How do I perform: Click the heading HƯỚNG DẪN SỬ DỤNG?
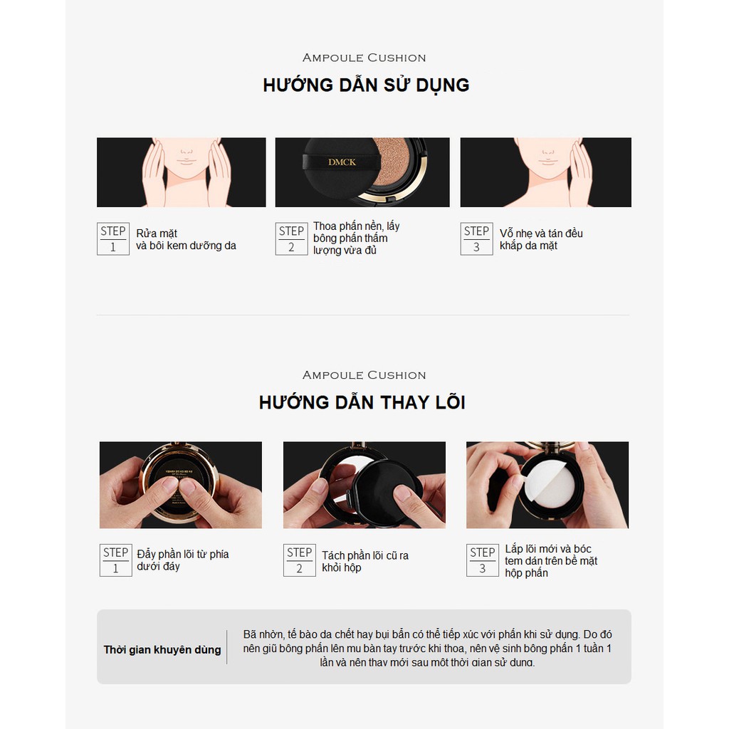click(x=366, y=85)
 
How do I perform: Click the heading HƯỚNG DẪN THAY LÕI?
click(x=362, y=402)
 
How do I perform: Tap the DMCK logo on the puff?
click(x=342, y=162)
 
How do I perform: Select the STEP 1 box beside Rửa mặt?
click(x=113, y=238)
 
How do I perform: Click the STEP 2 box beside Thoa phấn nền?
click(x=291, y=238)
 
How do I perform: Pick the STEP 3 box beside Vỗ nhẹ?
click(x=476, y=238)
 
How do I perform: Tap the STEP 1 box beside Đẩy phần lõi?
click(x=115, y=560)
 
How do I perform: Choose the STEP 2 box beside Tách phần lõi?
click(x=299, y=560)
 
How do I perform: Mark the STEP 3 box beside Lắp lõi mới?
click(x=482, y=560)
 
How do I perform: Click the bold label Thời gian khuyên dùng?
click(x=162, y=649)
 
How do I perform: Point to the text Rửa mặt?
click(x=157, y=234)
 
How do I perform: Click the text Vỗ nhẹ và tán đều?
click(x=541, y=234)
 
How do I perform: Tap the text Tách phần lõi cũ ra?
click(x=365, y=555)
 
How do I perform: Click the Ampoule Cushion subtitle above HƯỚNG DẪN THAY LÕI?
click(x=364, y=375)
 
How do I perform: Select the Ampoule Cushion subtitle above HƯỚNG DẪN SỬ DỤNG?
click(x=364, y=58)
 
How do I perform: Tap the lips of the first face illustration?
click(x=186, y=162)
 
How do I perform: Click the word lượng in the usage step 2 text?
click(x=327, y=251)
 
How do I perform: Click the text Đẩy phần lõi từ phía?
click(x=182, y=554)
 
